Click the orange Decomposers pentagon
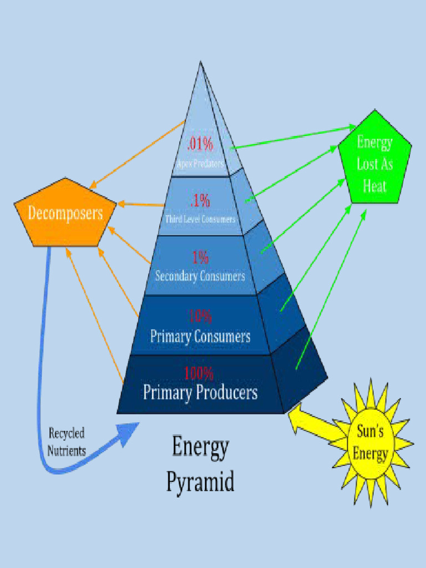[x=65, y=214]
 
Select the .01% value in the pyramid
[x=200, y=144]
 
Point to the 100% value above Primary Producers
[x=199, y=373]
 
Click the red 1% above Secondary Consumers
[x=200, y=257]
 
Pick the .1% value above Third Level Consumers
[x=200, y=200]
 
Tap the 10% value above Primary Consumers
[x=200, y=316]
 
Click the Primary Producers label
[x=200, y=392]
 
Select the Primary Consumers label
[x=200, y=336]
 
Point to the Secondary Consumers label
[x=200, y=276]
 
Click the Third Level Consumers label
[x=200, y=219]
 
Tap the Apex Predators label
[x=200, y=164]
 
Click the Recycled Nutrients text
[x=67, y=442]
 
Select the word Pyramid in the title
[x=200, y=481]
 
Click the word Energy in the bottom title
[x=200, y=447]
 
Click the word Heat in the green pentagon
[x=374, y=186]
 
